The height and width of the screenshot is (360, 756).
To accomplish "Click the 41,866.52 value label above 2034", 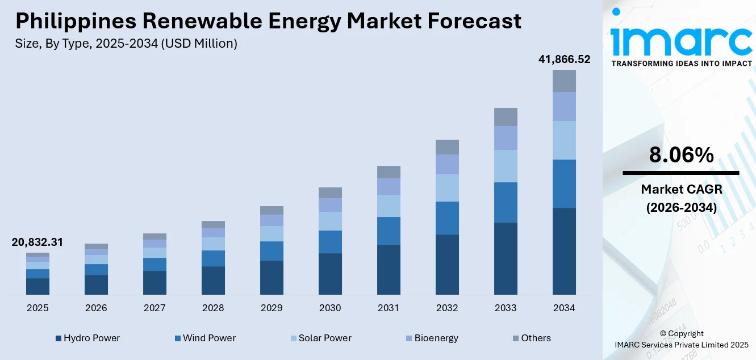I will pos(564,59).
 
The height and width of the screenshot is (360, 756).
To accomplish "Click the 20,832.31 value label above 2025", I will pos(37,242).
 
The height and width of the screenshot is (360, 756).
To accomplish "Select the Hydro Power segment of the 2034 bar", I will pos(564,251).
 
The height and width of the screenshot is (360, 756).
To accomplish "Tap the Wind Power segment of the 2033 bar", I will pos(506,202).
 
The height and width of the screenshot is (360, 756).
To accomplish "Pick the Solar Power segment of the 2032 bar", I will pos(447,187).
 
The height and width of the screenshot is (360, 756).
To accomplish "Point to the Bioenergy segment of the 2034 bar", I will pos(564,106).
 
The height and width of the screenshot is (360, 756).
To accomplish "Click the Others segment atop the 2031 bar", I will pos(389,172).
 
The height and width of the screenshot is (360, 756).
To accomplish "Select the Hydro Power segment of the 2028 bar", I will pos(213,281).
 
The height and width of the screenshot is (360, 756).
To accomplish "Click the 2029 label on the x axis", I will pos(272,308).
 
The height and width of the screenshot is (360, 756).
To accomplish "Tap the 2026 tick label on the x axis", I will pos(96,308).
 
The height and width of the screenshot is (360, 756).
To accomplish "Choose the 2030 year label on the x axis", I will pos(330,308).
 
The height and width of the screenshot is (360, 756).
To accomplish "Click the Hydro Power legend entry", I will pos(87,338).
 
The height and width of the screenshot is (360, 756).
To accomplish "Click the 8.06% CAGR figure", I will pos(681,155).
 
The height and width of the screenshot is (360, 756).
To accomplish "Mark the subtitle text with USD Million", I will pos(127,43).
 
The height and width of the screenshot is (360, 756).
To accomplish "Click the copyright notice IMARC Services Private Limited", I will pos(681,344).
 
